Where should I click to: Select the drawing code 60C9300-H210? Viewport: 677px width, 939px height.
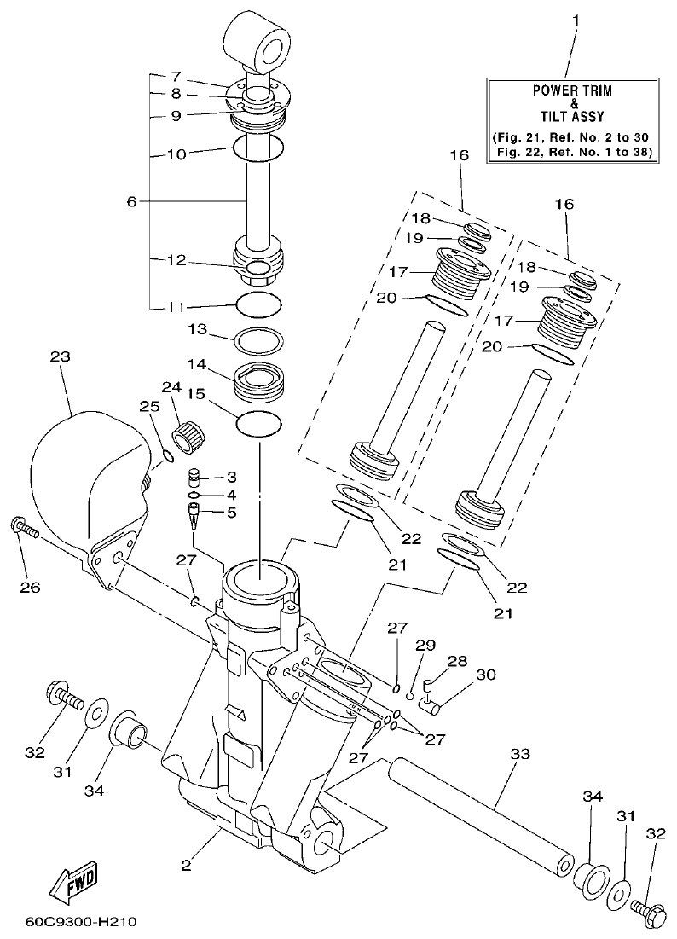81,922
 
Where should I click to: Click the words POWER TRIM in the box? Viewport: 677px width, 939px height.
572,90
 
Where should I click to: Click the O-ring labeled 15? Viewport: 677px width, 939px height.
258,423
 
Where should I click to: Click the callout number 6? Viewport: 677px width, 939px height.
131,201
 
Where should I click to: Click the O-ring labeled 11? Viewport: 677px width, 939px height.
258,304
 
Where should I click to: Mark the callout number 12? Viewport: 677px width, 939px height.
176,262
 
